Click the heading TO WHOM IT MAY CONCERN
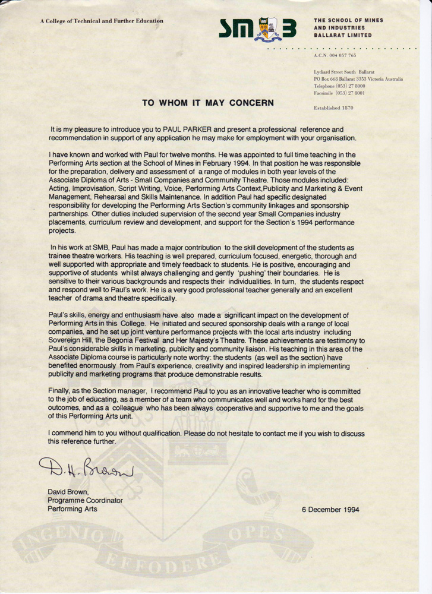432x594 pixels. (208, 102)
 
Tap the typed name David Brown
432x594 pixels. (68, 492)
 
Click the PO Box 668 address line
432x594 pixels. (358, 78)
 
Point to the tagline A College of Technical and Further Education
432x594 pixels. (102, 21)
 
